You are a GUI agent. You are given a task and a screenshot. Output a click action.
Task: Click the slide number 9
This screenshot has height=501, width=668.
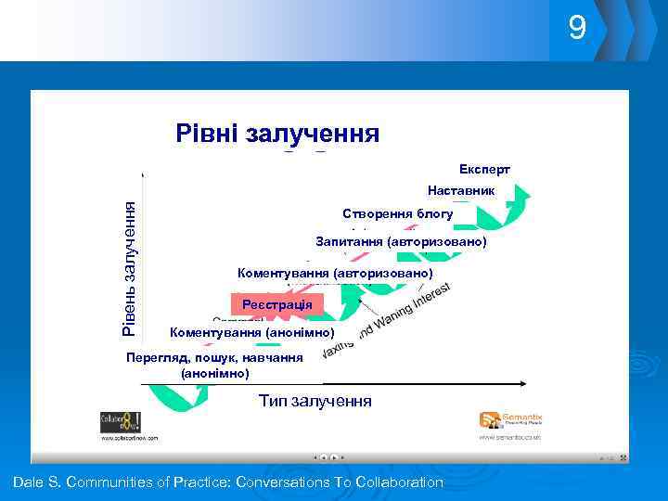coord(577,30)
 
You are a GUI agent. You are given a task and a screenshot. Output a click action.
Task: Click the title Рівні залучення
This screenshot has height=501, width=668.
coord(276,134)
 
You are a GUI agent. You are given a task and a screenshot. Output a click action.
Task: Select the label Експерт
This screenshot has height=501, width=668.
coord(484,170)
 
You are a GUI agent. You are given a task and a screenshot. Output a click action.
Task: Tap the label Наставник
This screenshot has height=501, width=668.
coord(461,190)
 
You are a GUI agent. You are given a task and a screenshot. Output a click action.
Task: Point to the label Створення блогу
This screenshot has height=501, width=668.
coord(397,213)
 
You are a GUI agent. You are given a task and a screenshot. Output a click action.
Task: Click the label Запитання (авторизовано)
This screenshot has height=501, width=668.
coord(401,241)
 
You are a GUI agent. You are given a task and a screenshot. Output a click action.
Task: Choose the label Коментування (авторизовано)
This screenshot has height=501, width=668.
coord(335,274)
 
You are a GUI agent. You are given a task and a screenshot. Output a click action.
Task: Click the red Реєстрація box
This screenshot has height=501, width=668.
coord(276,304)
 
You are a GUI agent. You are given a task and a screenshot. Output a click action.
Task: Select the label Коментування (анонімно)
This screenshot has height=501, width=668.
coord(251,331)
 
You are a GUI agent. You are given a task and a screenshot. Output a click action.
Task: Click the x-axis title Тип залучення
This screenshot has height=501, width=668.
coord(315,401)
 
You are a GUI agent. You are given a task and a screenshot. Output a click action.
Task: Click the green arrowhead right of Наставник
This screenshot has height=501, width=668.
coord(522,194)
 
